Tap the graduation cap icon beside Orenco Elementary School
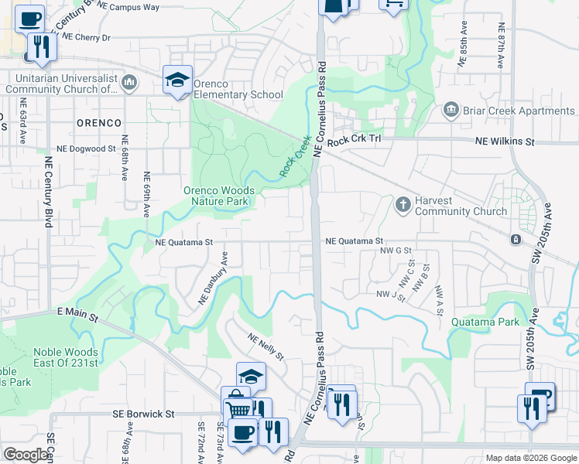click(x=177, y=80)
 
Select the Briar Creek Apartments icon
click(x=451, y=111)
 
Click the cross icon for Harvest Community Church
click(x=403, y=204)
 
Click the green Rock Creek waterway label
click(x=295, y=156)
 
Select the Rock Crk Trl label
click(x=355, y=142)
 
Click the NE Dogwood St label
click(x=86, y=148)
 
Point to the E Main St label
click(x=77, y=315)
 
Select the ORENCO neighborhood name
click(x=98, y=123)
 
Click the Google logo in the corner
click(x=26, y=455)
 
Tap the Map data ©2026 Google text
click(x=530, y=458)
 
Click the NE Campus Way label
click(x=128, y=6)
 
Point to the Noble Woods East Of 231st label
click(x=66, y=357)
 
